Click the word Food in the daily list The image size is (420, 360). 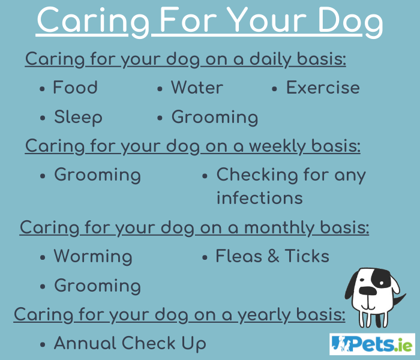(x=75, y=88)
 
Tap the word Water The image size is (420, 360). (x=197, y=88)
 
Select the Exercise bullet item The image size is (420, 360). (x=323, y=88)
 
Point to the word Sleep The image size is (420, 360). (x=78, y=118)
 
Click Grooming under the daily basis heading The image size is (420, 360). (x=215, y=118)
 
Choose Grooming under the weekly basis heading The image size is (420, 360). (x=97, y=175)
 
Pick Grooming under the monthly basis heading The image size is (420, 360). (x=97, y=286)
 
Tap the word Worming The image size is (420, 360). (x=93, y=257)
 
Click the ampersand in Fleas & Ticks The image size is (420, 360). (x=273, y=257)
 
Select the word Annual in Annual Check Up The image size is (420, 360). (x=85, y=344)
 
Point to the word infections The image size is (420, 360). (x=259, y=198)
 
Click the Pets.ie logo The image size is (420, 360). (x=372, y=344)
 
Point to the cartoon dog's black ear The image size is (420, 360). (x=353, y=288)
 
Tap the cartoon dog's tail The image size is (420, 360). (x=396, y=299)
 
